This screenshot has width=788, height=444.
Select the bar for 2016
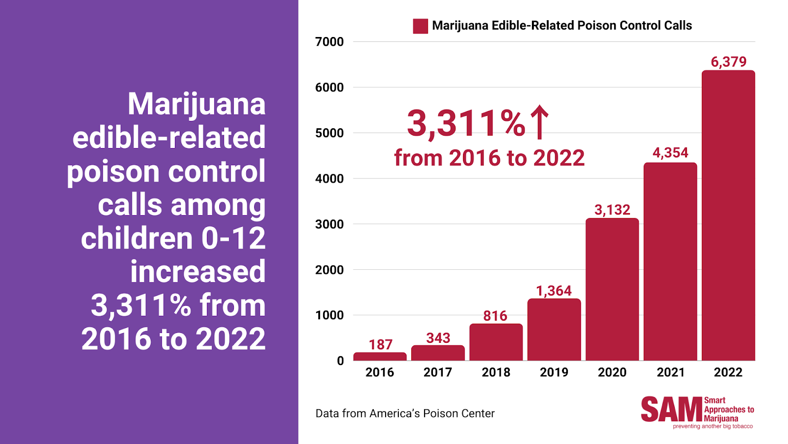click(x=380, y=356)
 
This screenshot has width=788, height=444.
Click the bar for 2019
click(x=554, y=330)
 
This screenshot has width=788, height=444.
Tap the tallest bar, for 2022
click(x=728, y=215)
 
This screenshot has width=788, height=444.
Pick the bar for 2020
click(x=612, y=289)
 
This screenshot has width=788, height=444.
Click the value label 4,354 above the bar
click(x=670, y=152)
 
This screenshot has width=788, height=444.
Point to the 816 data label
click(x=495, y=316)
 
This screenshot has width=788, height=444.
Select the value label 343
click(x=438, y=338)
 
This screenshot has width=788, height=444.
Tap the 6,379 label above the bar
click(x=728, y=62)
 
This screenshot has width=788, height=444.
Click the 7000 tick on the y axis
click(x=329, y=42)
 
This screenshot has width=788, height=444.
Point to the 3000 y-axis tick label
click(x=329, y=224)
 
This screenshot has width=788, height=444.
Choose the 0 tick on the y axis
click(x=340, y=361)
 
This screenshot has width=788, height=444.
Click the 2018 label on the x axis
click(x=495, y=372)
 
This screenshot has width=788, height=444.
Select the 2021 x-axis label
click(x=670, y=372)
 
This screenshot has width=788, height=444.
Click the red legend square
click(x=421, y=26)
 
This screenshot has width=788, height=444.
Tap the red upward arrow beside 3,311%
click(x=539, y=122)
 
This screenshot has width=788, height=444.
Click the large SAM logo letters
click(x=672, y=409)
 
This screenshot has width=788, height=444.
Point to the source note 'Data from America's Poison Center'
click(x=405, y=413)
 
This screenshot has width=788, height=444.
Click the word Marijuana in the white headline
click(x=197, y=104)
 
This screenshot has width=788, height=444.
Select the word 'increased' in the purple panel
click(x=197, y=271)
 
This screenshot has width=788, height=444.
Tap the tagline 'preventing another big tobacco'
click(x=713, y=426)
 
